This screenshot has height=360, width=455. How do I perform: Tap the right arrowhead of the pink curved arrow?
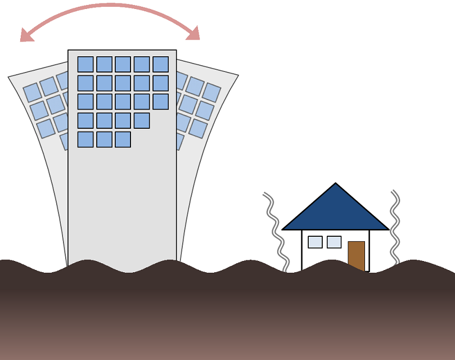(193, 33)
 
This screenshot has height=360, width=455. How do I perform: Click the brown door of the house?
(356, 255)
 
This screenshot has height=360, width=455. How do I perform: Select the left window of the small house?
(315, 242)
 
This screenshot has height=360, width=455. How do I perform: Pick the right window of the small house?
(334, 242)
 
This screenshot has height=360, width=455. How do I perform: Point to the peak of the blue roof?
(336, 184)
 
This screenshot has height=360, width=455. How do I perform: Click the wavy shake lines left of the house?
(275, 231)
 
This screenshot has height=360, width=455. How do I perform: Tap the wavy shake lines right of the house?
(395, 228)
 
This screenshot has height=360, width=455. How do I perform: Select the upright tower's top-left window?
(85, 64)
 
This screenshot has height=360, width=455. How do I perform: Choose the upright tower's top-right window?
(160, 64)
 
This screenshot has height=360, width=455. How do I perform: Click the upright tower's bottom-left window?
(85, 139)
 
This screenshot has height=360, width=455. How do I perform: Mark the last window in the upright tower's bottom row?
(123, 139)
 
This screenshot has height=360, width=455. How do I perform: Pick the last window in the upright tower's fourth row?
(142, 120)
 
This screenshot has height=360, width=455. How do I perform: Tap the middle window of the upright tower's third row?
(123, 102)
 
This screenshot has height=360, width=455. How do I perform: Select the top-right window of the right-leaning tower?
(211, 92)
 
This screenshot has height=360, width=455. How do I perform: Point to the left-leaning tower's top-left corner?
(8, 78)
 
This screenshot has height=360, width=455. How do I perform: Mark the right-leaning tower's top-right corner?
(238, 75)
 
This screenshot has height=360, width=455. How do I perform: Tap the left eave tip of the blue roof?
(283, 229)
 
